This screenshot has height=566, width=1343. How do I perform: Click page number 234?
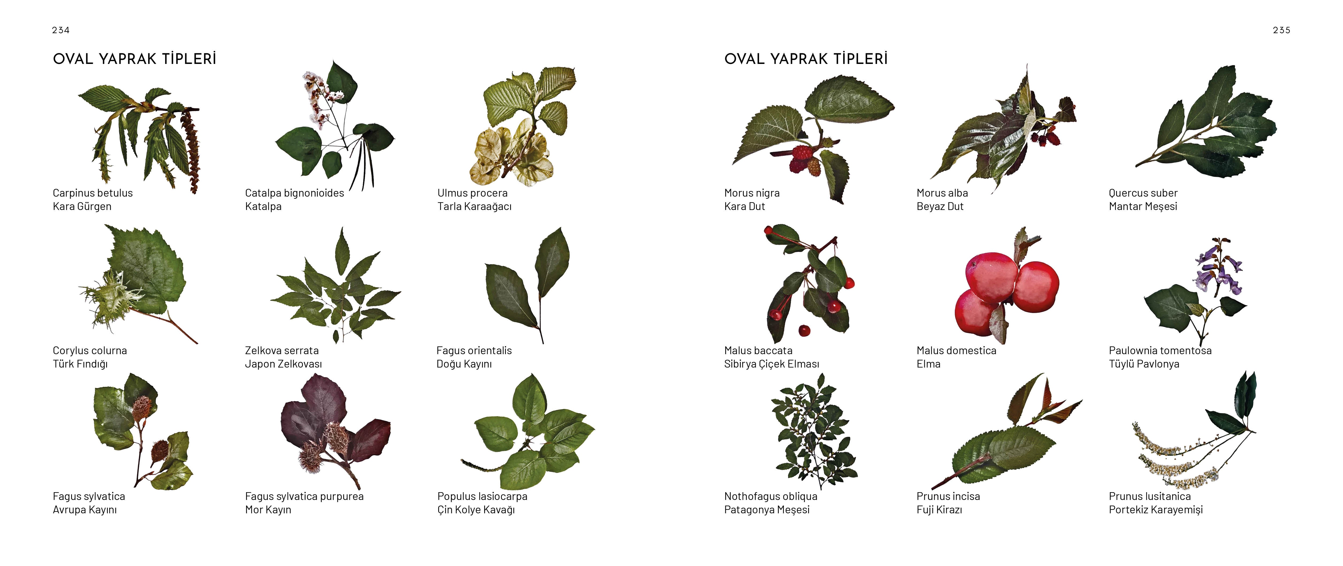(60, 30)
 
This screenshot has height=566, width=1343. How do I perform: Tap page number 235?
(1281, 30)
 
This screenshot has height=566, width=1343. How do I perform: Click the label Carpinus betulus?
(93, 193)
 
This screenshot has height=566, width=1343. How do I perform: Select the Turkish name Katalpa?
(263, 206)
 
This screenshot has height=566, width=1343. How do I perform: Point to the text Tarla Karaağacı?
(474, 206)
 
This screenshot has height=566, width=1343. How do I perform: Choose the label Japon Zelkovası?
(284, 364)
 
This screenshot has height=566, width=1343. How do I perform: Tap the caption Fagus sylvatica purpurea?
(304, 496)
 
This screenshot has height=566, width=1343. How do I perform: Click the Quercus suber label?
(1143, 193)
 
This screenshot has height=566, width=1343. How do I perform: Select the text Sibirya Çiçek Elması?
(772, 364)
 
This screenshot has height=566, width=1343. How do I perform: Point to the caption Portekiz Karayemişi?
(1156, 510)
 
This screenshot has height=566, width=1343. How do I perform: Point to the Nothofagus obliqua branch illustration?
(813, 431)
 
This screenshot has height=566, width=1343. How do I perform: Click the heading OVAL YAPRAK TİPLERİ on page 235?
(806, 59)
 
